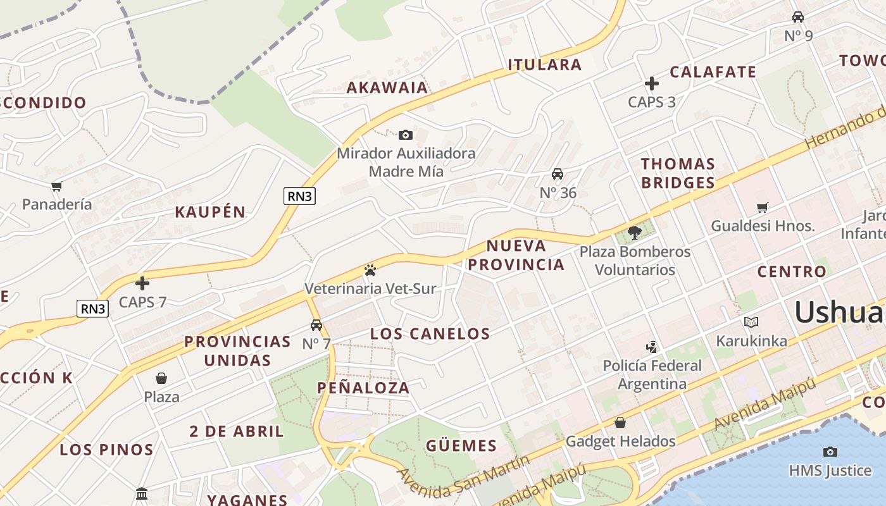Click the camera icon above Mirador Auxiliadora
click(406, 135)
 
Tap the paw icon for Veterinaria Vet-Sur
click(370, 270)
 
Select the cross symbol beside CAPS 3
click(652, 83)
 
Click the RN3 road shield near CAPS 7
click(93, 309)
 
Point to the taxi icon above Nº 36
click(558, 174)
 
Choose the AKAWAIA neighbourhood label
click(387, 88)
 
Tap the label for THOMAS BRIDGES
click(678, 173)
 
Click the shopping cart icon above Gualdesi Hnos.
click(763, 207)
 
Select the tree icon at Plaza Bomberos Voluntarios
click(635, 232)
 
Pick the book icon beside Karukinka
click(751, 322)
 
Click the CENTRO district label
click(792, 272)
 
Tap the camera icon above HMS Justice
click(830, 452)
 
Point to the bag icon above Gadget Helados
click(620, 422)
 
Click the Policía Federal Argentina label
click(652, 374)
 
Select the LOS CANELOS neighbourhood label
click(430, 334)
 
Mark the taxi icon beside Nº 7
click(316, 325)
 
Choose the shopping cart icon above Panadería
click(57, 186)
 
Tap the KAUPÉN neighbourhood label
click(210, 212)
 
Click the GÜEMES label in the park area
click(461, 446)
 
